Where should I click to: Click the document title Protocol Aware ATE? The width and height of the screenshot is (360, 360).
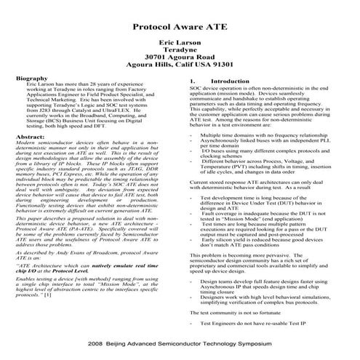coord(180,25)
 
